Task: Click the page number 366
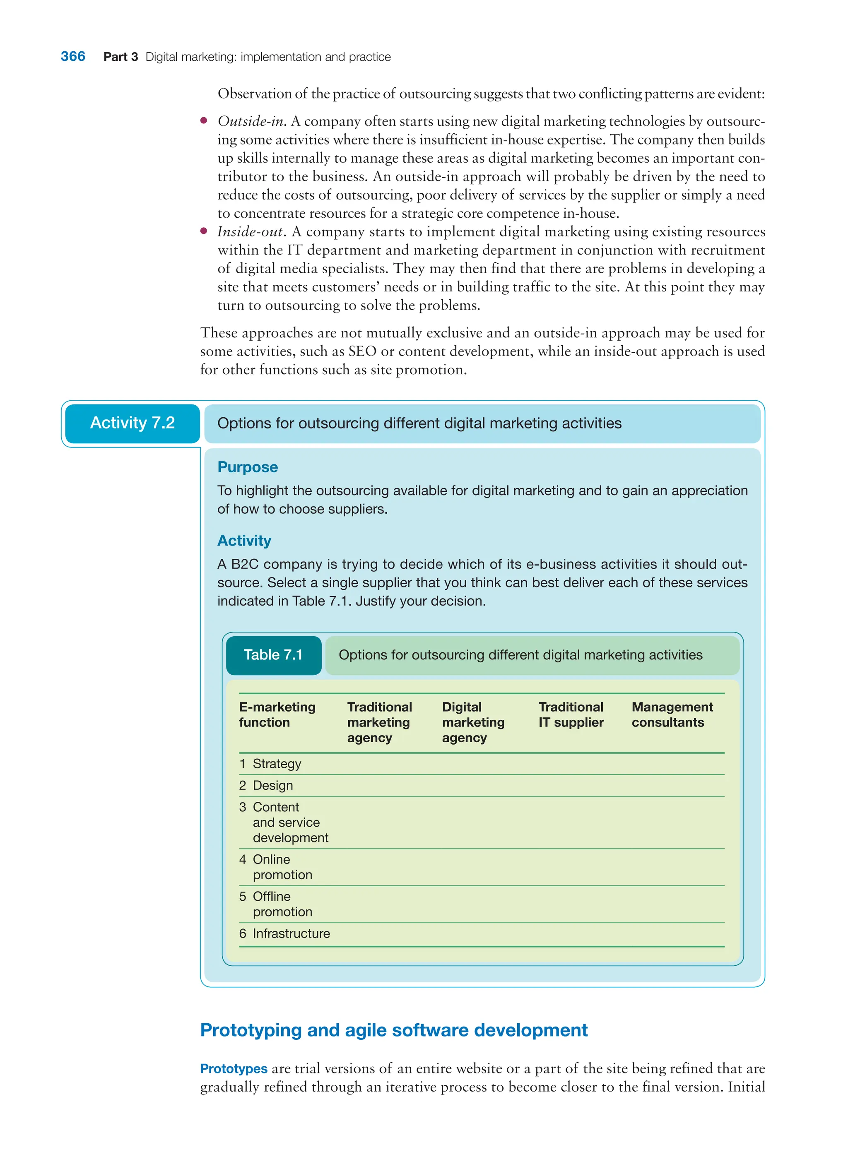click(x=73, y=56)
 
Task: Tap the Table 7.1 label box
click(x=273, y=655)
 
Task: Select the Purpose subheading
click(x=248, y=467)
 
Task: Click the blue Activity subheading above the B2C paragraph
click(x=244, y=540)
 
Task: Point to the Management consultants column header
click(x=672, y=714)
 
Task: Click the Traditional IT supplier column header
click(x=571, y=714)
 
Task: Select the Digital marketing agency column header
click(x=473, y=722)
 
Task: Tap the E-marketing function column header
click(x=277, y=714)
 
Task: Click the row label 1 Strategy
click(x=270, y=764)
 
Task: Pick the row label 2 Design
click(x=266, y=785)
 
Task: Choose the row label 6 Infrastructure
click(x=285, y=933)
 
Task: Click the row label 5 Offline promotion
click(x=276, y=904)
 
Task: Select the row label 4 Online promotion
click(x=276, y=867)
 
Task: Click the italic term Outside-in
click(x=251, y=121)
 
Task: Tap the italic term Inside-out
click(x=251, y=231)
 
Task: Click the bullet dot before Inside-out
click(x=204, y=231)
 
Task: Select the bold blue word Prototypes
click(x=234, y=1068)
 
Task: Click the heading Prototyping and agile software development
click(x=394, y=1030)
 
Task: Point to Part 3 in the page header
click(x=120, y=57)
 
